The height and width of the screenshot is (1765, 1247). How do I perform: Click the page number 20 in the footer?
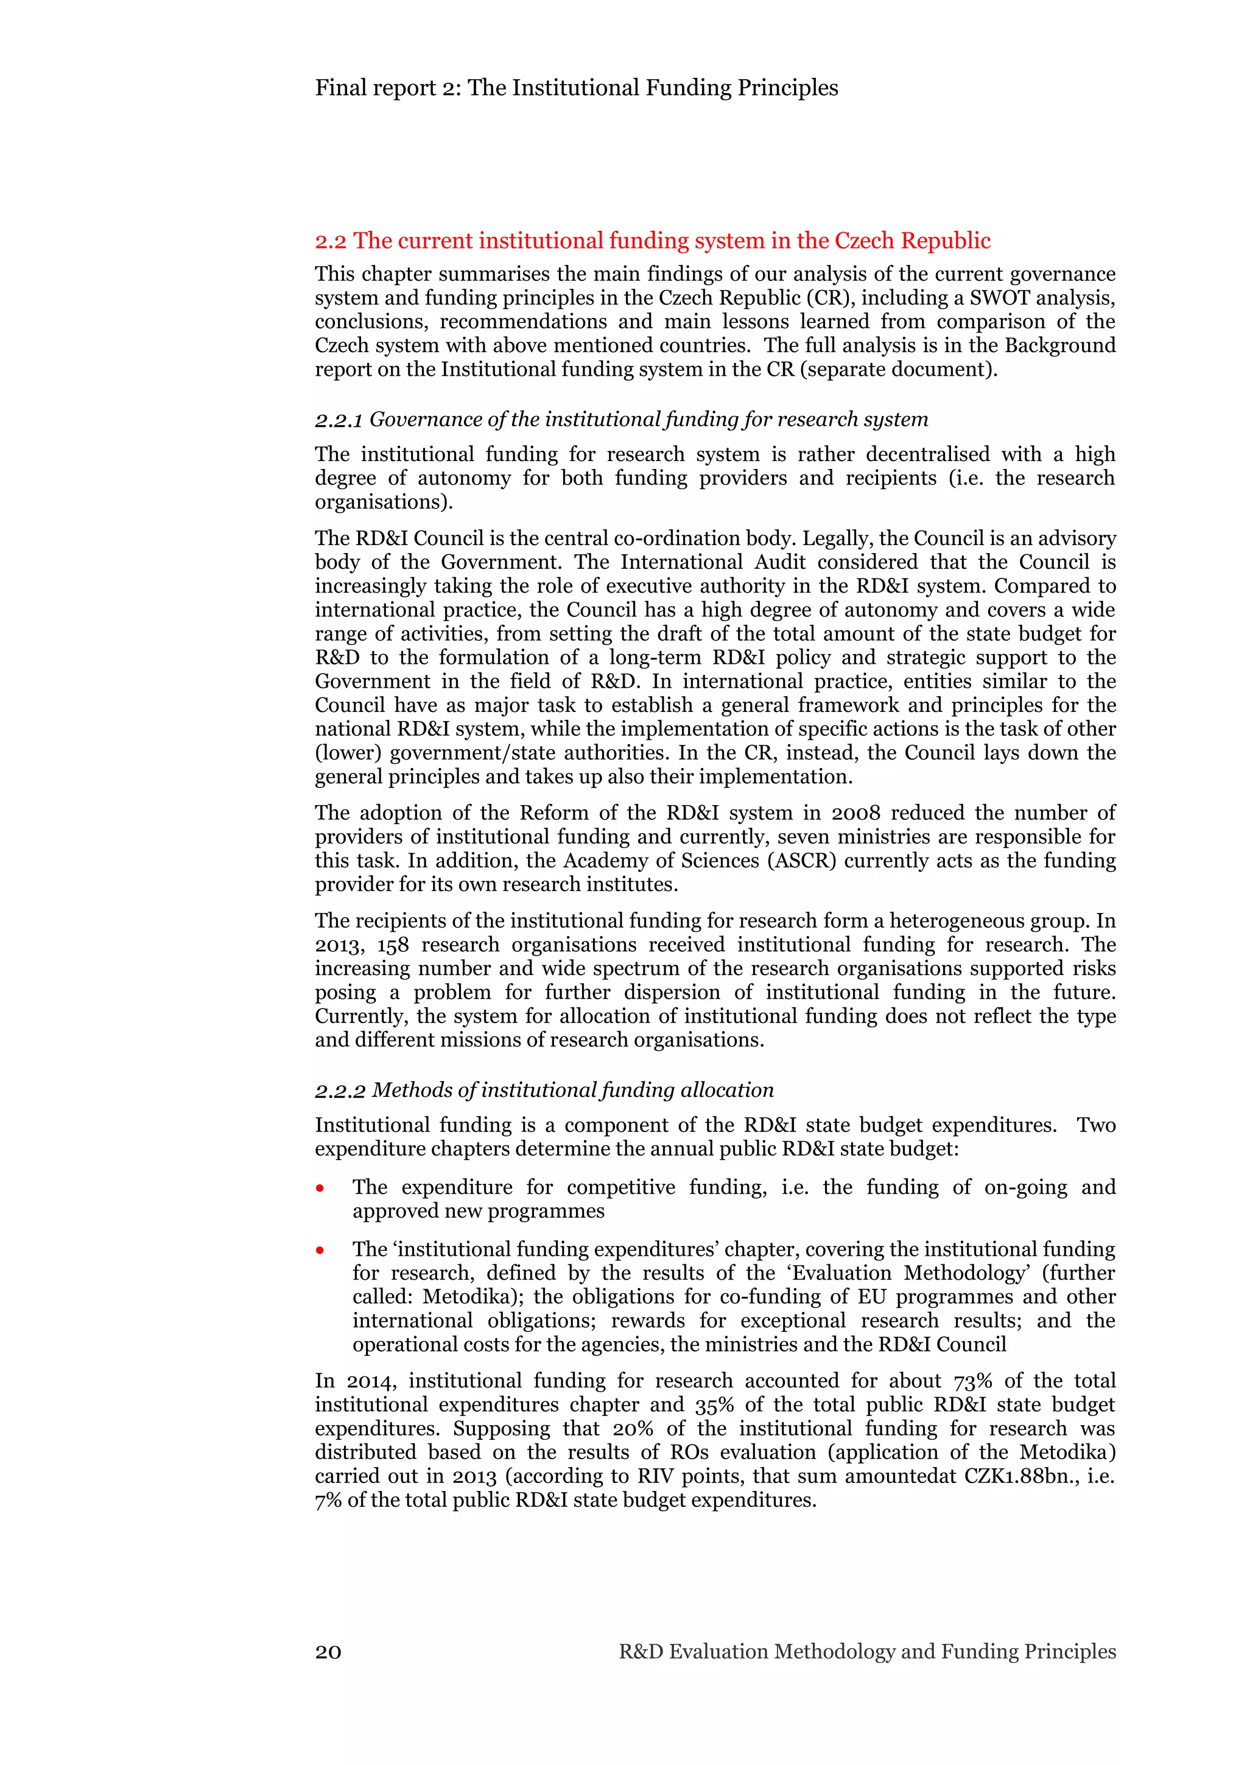(x=328, y=1651)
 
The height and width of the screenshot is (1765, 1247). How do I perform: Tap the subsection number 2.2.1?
(x=338, y=420)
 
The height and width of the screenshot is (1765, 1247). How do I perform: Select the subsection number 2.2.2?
(x=340, y=1091)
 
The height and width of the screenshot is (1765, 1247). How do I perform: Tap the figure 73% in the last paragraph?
(x=973, y=1381)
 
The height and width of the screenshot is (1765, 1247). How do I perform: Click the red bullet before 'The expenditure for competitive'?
(x=320, y=1188)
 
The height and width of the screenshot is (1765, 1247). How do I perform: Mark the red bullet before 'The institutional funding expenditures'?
(x=320, y=1251)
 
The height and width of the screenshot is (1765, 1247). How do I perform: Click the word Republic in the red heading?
(x=945, y=241)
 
